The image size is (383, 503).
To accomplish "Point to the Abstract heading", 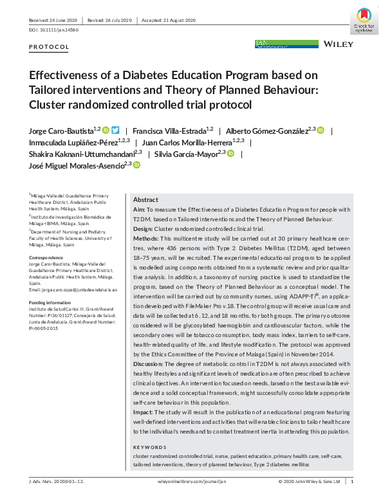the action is point(145,200).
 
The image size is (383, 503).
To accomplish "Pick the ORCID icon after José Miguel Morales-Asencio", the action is point(136,165).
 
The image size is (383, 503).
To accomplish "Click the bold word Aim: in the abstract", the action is point(139,210).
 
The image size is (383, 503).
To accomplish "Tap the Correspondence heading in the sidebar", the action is point(47,257).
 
